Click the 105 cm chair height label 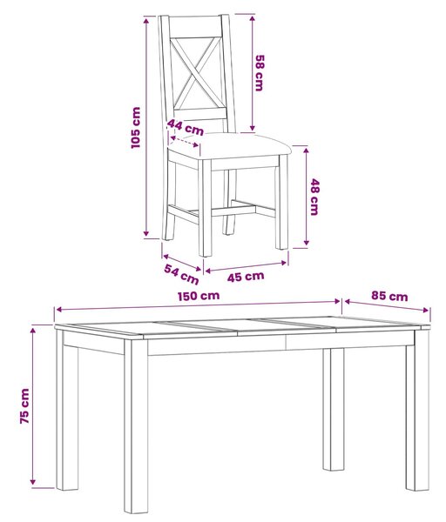(x=136, y=128)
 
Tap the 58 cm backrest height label (x=260, y=73)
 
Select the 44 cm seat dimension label (x=186, y=127)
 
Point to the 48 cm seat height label (x=315, y=197)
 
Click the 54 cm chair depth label (x=181, y=274)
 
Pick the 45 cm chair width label (x=246, y=277)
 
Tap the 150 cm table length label (x=199, y=296)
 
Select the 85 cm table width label (x=389, y=296)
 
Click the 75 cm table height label (x=24, y=405)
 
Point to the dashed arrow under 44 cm (x=185, y=142)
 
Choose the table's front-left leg (x=136, y=427)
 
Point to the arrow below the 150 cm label (x=198, y=305)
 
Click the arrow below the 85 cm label (x=387, y=306)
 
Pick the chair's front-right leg (x=282, y=202)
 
